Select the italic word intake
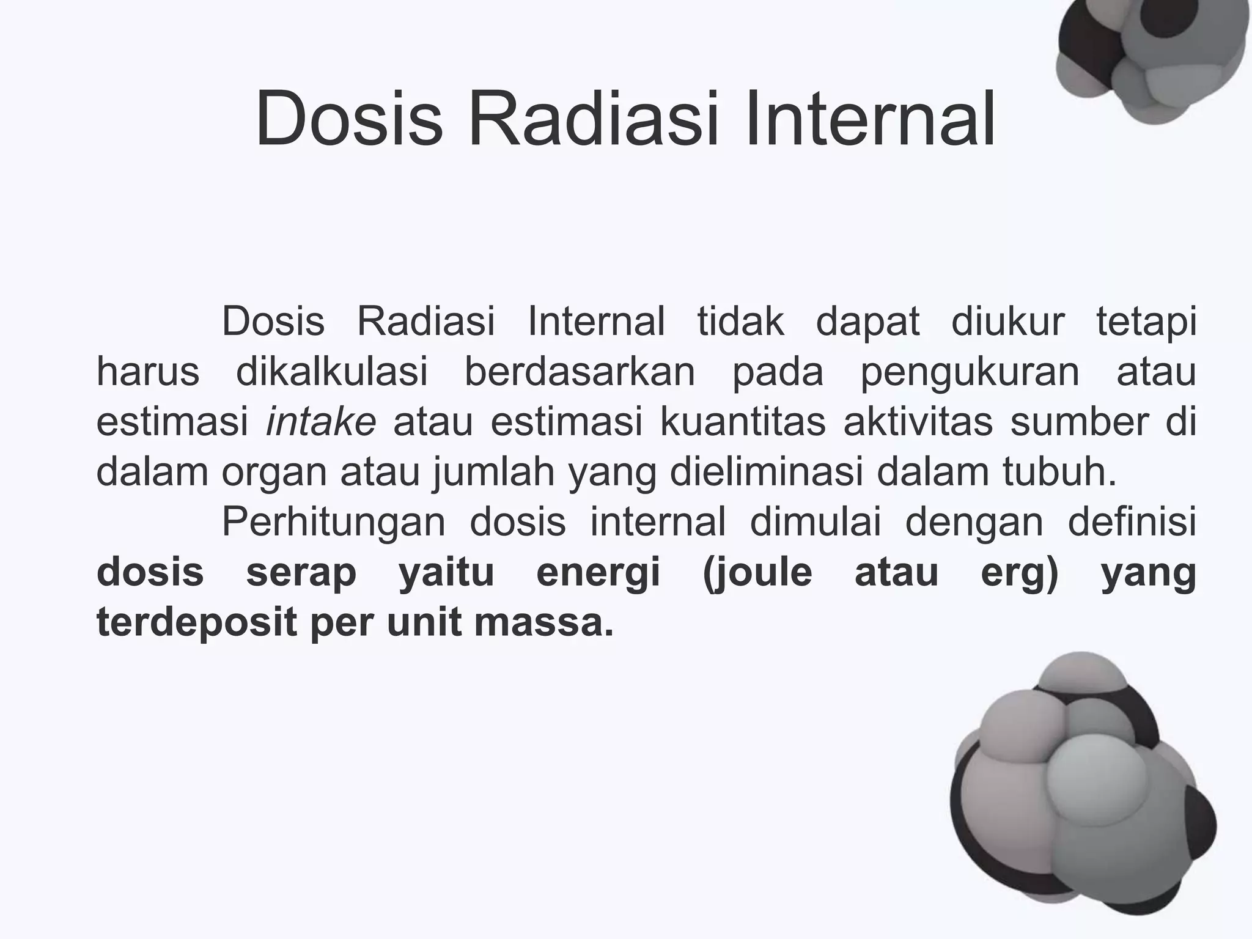point(321,422)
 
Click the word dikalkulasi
point(332,371)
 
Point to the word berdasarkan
point(580,371)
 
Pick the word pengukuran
point(970,371)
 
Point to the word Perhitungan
point(333,522)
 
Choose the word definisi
point(1132,522)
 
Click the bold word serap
point(301,573)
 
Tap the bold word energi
point(598,573)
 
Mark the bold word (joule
point(757,573)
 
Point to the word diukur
point(1008,321)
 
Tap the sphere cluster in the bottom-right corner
point(1082,789)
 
